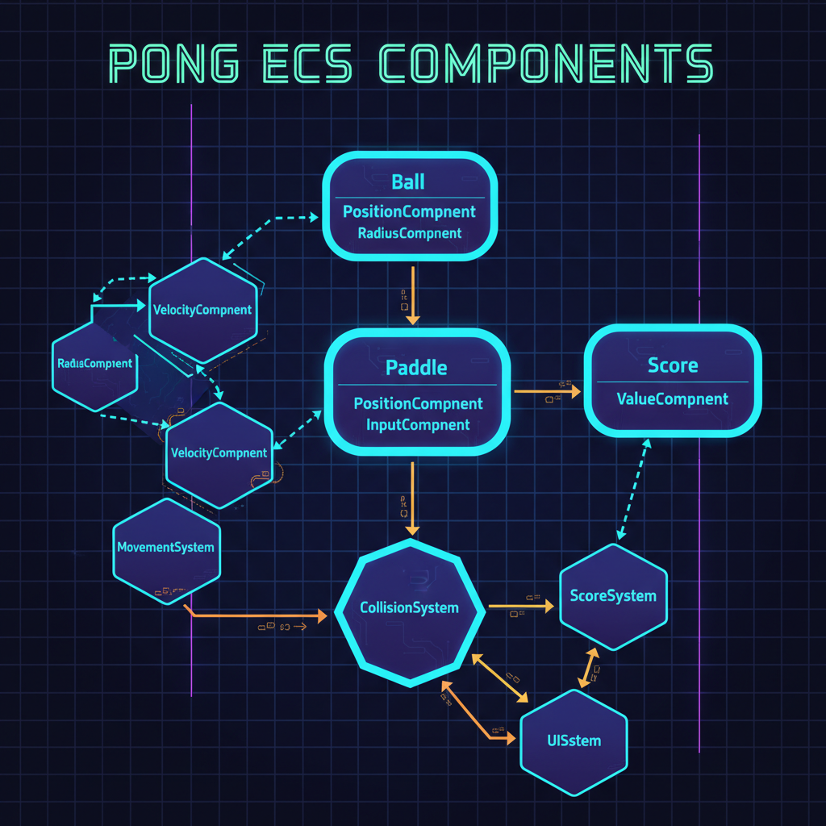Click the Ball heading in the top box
(408, 181)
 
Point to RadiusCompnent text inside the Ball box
(410, 233)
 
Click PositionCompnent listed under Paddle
(418, 403)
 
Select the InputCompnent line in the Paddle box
(418, 424)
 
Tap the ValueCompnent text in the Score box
(672, 398)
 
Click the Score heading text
(673, 365)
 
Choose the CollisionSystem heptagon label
(409, 608)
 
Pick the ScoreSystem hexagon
(613, 596)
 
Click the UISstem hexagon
(574, 740)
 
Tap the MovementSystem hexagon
(165, 548)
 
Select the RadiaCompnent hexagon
(94, 364)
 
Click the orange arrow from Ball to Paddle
(413, 294)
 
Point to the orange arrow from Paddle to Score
(547, 392)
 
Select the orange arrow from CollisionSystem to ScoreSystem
(520, 604)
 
